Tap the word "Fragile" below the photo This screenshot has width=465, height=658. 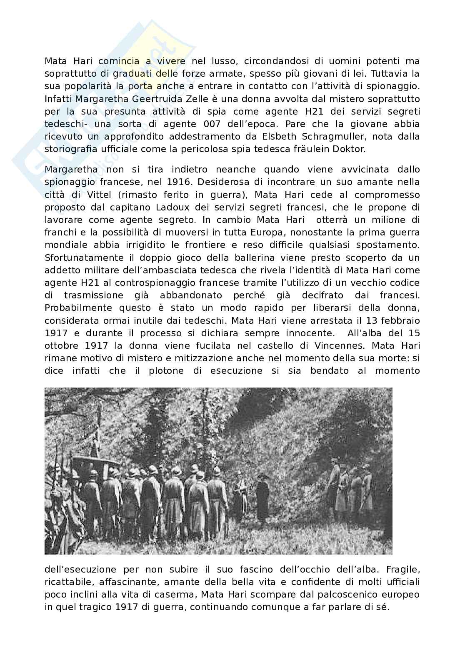click(403, 569)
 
